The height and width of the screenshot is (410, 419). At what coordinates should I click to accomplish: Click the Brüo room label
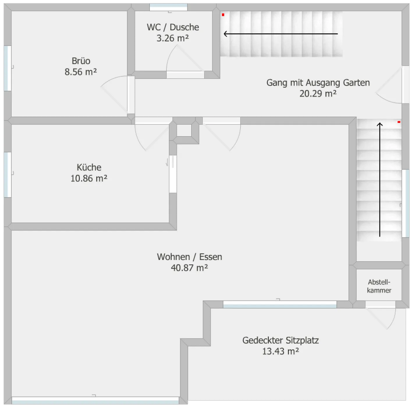tap(81, 61)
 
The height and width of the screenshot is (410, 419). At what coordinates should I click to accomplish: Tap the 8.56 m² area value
tap(81, 72)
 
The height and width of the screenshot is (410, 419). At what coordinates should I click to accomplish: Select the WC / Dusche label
tap(173, 27)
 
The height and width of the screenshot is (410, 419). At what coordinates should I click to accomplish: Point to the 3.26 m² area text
tap(173, 38)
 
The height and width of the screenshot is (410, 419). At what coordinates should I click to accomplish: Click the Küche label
tap(89, 167)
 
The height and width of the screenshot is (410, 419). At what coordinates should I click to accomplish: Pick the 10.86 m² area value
tap(89, 178)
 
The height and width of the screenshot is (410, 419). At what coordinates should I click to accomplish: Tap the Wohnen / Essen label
tap(189, 257)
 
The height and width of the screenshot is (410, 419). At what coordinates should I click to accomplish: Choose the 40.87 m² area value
tap(189, 268)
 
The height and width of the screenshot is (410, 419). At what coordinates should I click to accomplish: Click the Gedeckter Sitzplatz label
tap(280, 341)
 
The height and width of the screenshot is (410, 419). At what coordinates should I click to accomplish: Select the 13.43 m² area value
tap(280, 351)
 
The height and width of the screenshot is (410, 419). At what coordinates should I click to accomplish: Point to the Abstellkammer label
tap(379, 286)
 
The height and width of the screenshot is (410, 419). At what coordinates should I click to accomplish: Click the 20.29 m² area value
tap(318, 94)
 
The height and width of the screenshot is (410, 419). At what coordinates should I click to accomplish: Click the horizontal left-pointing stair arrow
tap(281, 34)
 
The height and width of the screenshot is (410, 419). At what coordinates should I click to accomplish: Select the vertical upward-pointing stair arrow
tap(380, 180)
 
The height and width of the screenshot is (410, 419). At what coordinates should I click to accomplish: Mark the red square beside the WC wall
tap(223, 15)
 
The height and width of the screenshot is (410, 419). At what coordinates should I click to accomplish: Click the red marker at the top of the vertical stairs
tap(399, 122)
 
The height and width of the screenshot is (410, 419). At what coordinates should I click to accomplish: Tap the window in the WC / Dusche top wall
tap(168, 7)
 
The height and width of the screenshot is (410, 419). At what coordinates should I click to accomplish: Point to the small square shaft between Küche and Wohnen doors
tap(184, 130)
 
